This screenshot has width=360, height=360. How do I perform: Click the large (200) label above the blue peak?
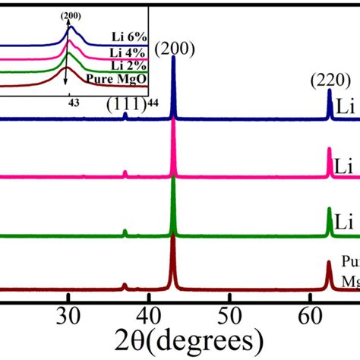pos(174,51)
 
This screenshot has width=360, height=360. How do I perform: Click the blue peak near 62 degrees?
pos(330,93)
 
